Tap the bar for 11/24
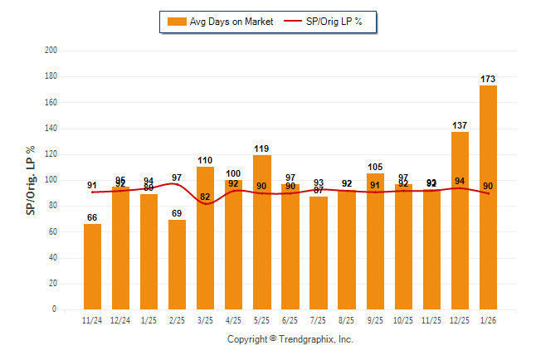[92, 266]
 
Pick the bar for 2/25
[177, 265]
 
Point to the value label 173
[488, 79]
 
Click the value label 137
[460, 125]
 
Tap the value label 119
[261, 148]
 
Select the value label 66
[92, 217]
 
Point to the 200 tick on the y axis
[51, 51]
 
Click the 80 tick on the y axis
[52, 206]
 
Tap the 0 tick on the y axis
[55, 309]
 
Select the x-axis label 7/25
[318, 320]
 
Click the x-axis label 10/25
[402, 320]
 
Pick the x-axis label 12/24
[120, 320]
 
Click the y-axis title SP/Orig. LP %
[31, 180]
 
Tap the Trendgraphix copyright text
[290, 339]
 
